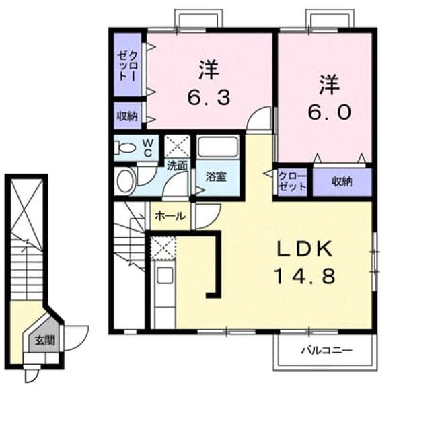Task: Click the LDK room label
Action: pos(305,249)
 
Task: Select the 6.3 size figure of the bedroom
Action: pos(209,98)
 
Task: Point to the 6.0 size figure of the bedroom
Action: pos(330,112)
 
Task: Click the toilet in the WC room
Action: pos(125,147)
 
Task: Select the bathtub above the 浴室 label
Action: pos(217,147)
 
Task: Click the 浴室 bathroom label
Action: pos(216,177)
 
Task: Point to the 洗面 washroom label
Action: pos(178,166)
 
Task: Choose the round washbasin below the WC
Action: pos(125,180)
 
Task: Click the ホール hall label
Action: pos(170,216)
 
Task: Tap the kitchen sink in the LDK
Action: pos(165,275)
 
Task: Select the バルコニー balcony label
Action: pos(327,351)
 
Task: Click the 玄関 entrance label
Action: pos(44,341)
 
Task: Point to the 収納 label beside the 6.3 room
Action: pos(127,116)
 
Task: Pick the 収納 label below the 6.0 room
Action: pos(342,182)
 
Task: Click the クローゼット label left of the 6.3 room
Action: pos(128,66)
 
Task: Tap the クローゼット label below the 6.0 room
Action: pos(293,181)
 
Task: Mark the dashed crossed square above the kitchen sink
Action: pos(163,248)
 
